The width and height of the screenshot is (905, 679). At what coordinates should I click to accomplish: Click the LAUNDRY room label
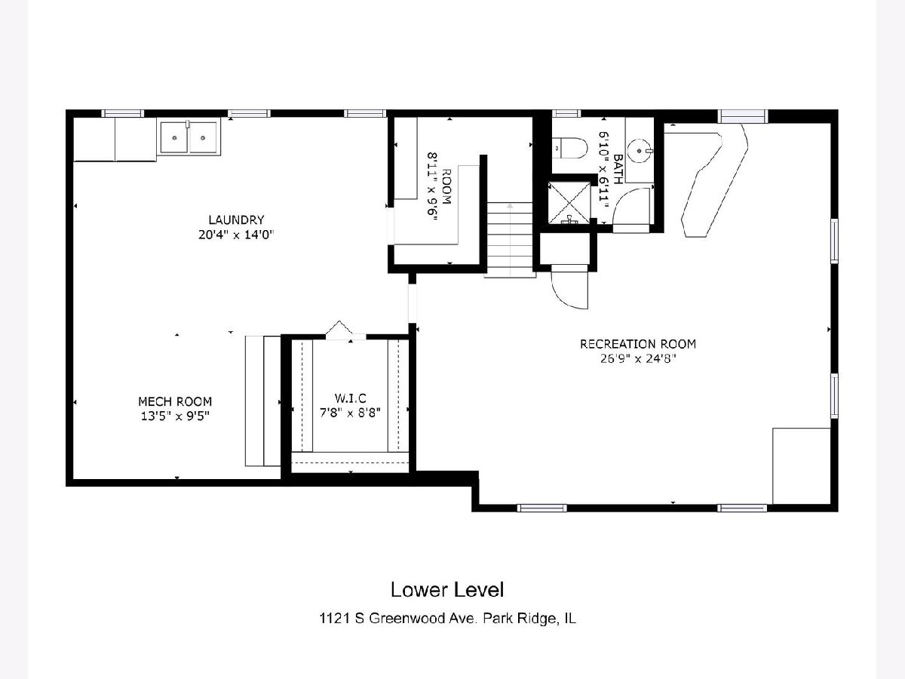click(236, 220)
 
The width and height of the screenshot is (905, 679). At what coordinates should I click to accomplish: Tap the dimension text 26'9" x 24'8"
click(638, 358)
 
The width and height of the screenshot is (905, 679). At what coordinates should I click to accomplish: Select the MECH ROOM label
click(175, 401)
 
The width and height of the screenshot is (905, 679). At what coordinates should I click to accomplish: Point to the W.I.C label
click(350, 398)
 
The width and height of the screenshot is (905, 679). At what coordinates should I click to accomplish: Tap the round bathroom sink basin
click(639, 151)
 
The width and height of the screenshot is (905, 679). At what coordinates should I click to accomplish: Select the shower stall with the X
click(569, 202)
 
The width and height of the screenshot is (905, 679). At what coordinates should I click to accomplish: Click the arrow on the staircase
click(510, 239)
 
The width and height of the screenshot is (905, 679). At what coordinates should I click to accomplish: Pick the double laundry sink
click(189, 137)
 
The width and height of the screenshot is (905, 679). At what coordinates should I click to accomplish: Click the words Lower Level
click(447, 589)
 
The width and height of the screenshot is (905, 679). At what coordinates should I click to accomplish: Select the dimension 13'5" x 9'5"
click(176, 416)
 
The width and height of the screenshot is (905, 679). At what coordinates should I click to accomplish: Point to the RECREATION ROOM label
click(638, 344)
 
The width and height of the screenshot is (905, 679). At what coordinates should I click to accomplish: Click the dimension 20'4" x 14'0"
click(236, 235)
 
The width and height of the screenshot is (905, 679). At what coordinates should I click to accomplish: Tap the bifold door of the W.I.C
click(339, 328)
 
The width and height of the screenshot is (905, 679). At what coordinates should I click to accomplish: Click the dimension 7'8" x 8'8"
click(350, 413)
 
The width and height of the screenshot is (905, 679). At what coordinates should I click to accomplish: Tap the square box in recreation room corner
click(801, 465)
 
